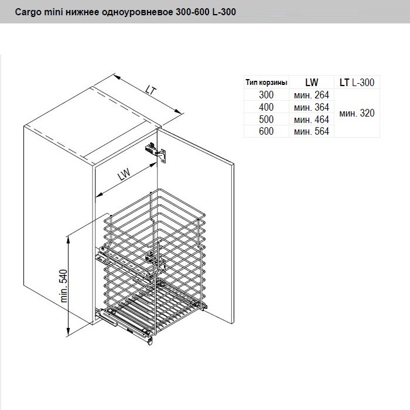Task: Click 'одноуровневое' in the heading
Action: tap(137, 12)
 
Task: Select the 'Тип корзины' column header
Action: tap(266, 83)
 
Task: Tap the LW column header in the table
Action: tap(312, 83)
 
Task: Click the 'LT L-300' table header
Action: tap(357, 83)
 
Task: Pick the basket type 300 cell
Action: tap(266, 95)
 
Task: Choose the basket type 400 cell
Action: tap(266, 107)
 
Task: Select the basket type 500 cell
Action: tap(266, 119)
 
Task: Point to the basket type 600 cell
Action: tap(266, 131)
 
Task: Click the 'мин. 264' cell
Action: tap(312, 95)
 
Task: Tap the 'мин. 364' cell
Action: tap(312, 107)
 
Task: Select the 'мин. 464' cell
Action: tap(312, 119)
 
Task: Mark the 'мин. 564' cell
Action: tap(312, 131)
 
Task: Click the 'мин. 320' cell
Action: tap(357, 113)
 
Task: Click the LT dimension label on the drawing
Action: tap(151, 90)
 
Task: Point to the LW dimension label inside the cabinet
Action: tap(124, 175)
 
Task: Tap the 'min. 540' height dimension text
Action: tap(63, 286)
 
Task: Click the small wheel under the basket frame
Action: tap(150, 341)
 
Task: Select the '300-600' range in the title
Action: tap(192, 12)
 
